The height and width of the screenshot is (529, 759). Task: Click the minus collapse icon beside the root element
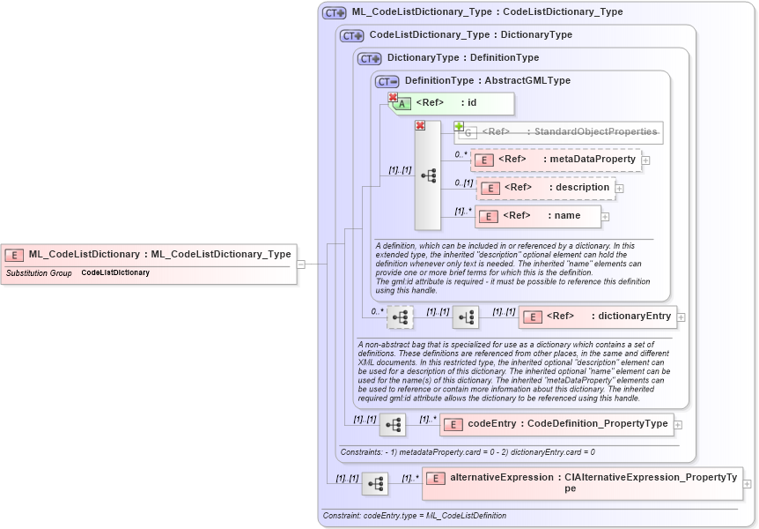300,263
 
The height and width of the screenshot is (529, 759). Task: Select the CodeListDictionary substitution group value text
115,273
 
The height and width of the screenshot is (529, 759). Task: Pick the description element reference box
545,188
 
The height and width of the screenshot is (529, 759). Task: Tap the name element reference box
537,216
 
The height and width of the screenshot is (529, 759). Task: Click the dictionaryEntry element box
596,317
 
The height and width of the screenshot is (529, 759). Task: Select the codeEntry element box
556,424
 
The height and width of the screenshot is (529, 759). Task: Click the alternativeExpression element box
581,482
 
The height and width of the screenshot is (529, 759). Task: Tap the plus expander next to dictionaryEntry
681,317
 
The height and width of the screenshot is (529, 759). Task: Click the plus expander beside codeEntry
677,425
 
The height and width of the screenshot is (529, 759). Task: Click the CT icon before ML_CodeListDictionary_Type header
334,12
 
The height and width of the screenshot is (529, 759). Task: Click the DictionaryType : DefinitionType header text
462,57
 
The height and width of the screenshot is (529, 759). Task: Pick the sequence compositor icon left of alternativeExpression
375,484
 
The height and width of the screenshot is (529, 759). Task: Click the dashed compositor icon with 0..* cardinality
400,317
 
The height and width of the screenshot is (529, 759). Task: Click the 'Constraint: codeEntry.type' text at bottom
414,516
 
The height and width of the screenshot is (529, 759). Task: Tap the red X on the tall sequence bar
420,126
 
